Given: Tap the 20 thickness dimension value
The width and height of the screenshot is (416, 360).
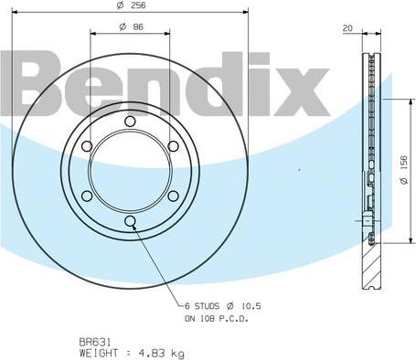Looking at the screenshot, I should [347, 28].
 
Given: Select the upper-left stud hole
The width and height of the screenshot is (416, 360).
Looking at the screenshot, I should [87, 146].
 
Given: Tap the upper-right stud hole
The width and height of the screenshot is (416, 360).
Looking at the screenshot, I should [172, 146].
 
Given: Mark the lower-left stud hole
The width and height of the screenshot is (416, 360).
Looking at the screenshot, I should [87, 195].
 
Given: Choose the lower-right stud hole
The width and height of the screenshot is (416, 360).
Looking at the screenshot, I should [172, 195].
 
